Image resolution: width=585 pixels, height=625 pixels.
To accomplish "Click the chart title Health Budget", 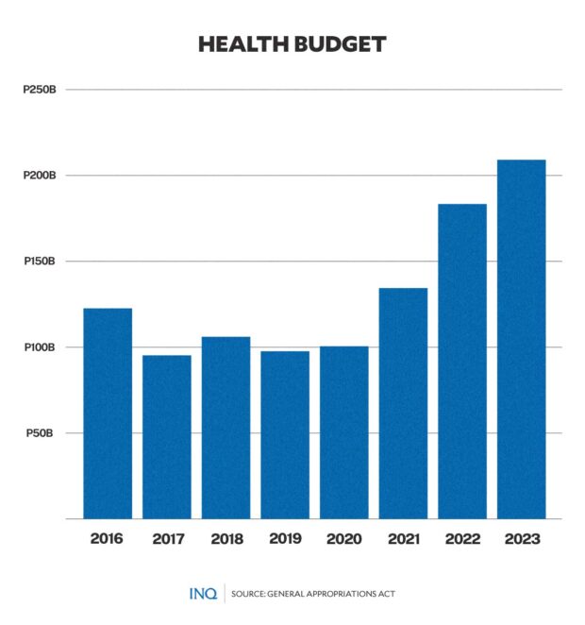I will click(292, 44).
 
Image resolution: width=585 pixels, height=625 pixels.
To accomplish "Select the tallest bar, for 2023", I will click(521, 339).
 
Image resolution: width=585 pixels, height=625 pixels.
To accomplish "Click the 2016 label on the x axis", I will click(108, 540).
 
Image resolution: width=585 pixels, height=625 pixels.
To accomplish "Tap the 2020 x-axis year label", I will click(344, 540).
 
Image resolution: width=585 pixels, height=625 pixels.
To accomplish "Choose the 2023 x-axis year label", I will click(521, 540).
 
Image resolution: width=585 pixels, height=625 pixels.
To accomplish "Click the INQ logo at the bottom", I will click(202, 593).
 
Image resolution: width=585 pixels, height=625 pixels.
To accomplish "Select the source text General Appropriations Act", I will click(312, 594).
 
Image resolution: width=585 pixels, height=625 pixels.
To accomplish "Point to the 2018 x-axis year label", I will click(226, 540).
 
